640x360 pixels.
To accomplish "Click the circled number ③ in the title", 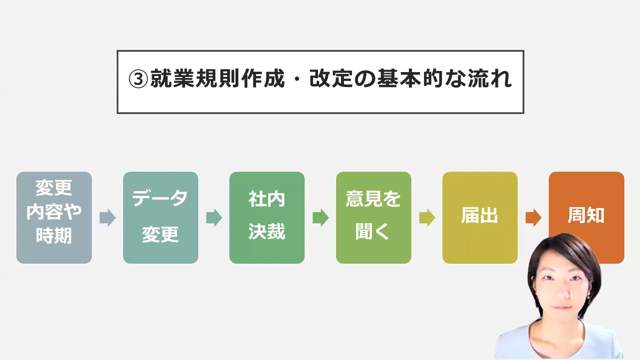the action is point(138,79).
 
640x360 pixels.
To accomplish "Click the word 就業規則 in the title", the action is point(194,78).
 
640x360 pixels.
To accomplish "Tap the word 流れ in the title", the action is point(489,78).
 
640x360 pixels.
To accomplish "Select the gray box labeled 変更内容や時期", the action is point(54,217).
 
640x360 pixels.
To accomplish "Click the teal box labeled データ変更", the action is point(160,217).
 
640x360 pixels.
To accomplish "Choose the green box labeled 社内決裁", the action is point(267,217).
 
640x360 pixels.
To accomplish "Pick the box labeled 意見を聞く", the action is point(373,217).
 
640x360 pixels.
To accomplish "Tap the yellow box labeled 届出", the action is point(479,217).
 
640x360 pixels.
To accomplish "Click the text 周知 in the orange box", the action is point(586,215).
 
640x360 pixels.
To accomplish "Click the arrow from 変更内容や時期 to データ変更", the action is point(107,217).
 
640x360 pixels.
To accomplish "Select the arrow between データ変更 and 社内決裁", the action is point(214,217).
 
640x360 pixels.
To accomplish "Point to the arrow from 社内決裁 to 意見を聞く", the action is point(320,217).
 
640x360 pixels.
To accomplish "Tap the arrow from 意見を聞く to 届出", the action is point(427,217).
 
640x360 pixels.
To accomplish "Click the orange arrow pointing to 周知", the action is point(533,217).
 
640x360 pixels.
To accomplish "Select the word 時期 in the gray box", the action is point(53,235).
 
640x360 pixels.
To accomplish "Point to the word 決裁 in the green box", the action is point(266,231).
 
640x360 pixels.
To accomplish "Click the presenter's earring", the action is point(588,297).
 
